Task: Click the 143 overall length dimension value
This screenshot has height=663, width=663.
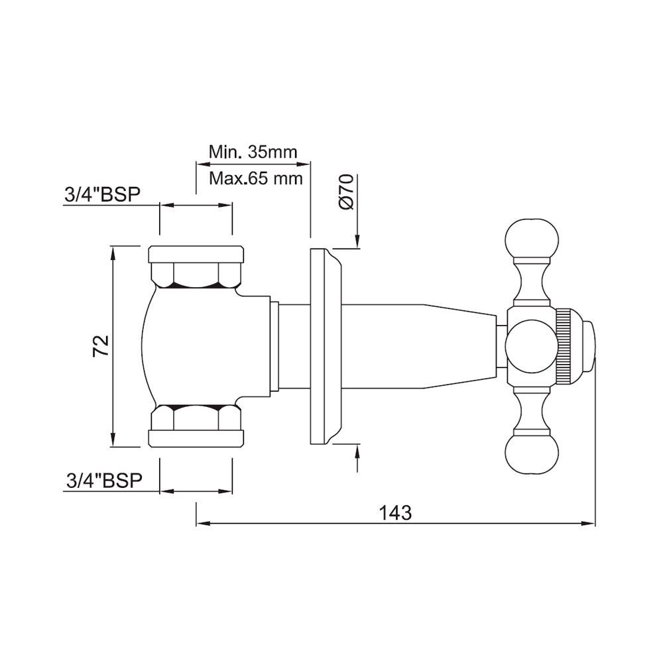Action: tap(396, 512)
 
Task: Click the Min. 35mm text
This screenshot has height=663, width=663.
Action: tap(253, 152)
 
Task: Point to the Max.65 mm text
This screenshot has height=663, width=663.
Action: tap(255, 178)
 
